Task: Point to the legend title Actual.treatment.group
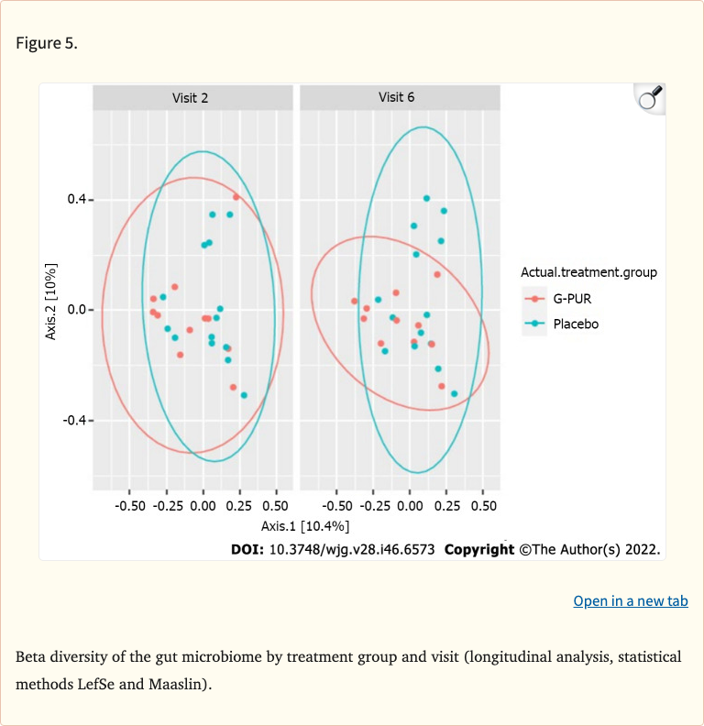coord(588,272)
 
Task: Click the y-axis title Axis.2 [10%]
coord(52,302)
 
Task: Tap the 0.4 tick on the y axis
coord(75,200)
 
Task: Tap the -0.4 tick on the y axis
coord(73,420)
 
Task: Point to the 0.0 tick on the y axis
coord(75,310)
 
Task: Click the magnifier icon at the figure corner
coord(649,97)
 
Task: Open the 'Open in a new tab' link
coord(630,601)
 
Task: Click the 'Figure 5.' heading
coord(47,44)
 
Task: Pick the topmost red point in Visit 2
coord(236,197)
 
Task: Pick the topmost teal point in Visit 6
coord(426,198)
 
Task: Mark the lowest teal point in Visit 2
coord(244,395)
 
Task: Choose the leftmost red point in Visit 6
coord(354,301)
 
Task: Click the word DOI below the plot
coord(248,550)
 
